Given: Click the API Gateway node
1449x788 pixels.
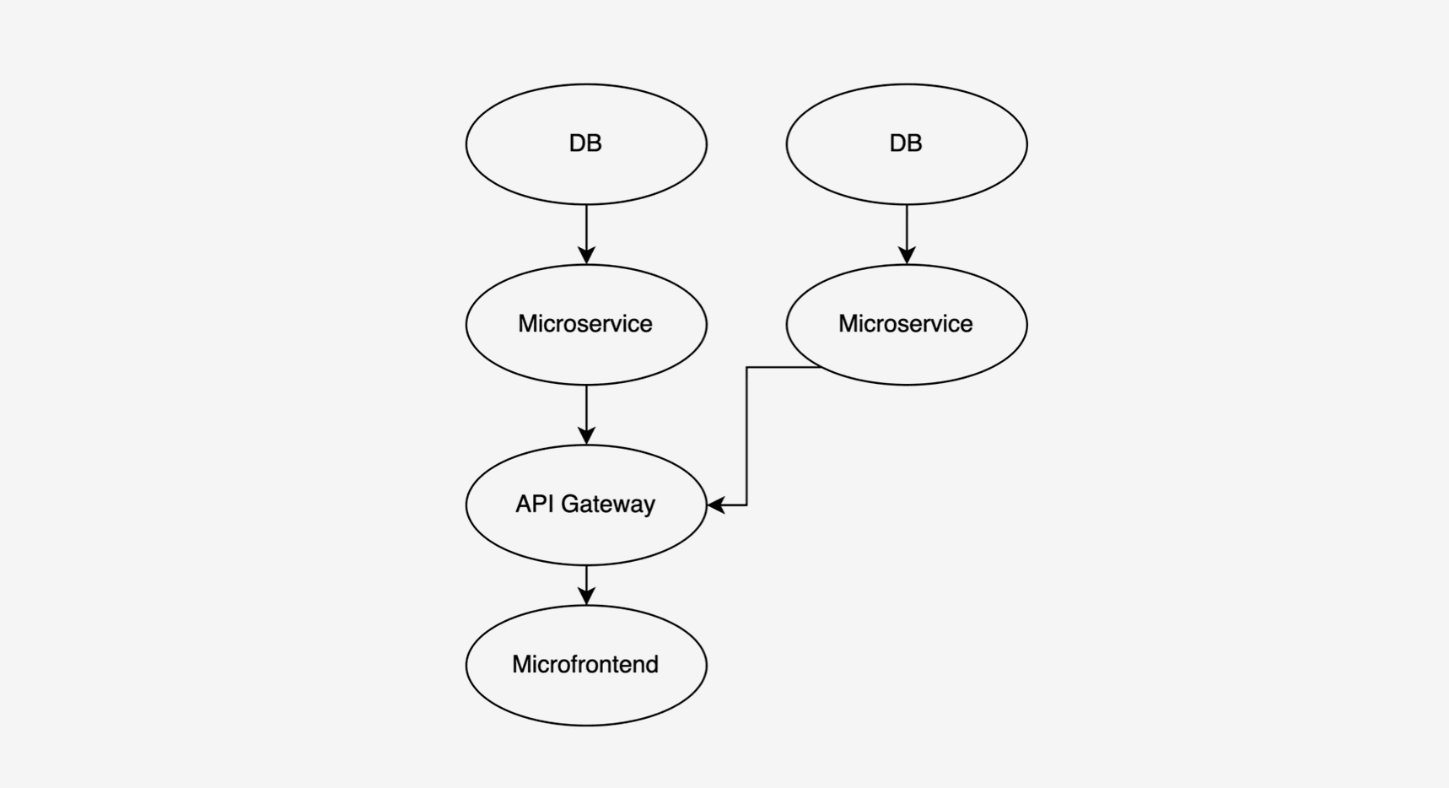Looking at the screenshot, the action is point(586,505).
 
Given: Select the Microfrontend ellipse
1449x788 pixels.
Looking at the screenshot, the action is point(586,665).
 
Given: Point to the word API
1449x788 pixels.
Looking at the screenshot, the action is point(535,504).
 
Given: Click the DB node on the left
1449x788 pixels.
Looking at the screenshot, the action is point(586,143).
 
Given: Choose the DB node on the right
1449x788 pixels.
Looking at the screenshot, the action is point(907,143).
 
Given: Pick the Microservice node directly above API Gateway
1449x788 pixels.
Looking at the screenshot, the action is point(586,324).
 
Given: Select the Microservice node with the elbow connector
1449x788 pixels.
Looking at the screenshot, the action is point(907,324).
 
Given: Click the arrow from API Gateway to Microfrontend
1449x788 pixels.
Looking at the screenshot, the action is point(586,585).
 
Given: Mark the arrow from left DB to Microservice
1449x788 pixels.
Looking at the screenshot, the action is point(586,234).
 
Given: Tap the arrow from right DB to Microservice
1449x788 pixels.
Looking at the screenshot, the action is point(907,234).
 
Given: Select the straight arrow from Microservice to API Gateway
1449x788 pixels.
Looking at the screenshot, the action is point(586,414).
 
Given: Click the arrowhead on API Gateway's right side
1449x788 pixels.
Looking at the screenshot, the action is point(716,505).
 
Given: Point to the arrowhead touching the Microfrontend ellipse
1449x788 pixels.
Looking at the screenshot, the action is point(586,596).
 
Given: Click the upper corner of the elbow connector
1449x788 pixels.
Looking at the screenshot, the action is point(746,367).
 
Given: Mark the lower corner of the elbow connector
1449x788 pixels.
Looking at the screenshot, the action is point(746,505).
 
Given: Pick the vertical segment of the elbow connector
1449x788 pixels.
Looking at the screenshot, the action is point(746,436).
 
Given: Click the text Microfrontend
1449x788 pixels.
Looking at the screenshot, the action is point(585,664).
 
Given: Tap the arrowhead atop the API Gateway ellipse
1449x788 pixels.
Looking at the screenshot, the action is point(586,436).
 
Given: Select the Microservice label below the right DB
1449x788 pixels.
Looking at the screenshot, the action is point(906,323).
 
